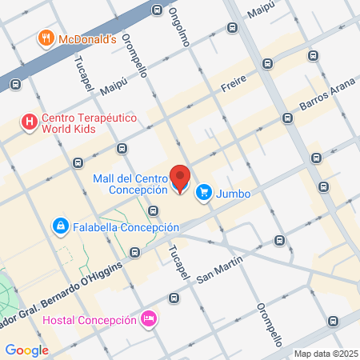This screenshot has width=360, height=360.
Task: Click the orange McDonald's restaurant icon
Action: point(46,38)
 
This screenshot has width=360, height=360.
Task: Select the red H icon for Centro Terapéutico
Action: point(30,122)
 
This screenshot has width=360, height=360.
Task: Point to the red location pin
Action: point(180,178)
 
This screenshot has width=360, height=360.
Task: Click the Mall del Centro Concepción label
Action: point(130,183)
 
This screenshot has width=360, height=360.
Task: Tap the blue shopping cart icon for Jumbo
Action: point(204,192)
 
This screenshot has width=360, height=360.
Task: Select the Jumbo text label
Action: point(234,193)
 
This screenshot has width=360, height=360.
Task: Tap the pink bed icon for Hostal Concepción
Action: point(147,320)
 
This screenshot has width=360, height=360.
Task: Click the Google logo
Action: point(26,350)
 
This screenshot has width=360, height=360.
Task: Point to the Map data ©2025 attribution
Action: point(326,354)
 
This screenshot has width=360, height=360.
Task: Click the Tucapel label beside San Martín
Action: point(176,261)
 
